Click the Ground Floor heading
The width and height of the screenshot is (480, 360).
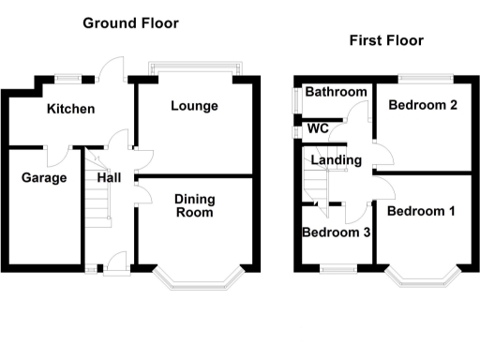[130, 22]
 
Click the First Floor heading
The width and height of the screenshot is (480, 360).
[385, 40]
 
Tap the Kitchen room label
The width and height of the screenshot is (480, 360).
[71, 109]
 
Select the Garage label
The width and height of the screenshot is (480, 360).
[44, 177]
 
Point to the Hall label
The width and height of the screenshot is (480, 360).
[109, 177]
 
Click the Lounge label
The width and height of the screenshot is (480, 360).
[194, 106]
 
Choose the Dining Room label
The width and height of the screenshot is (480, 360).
[194, 205]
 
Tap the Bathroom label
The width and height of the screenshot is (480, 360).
[335, 92]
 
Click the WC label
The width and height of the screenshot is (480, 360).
[317, 128]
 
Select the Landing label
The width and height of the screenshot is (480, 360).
[336, 160]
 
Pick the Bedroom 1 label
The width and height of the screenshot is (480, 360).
[421, 211]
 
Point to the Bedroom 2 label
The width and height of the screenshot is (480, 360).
[422, 105]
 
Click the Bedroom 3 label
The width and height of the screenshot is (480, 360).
[335, 232]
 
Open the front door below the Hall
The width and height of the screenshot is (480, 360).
[117, 263]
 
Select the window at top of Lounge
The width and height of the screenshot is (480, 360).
[194, 71]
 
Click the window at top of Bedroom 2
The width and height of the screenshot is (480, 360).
[423, 76]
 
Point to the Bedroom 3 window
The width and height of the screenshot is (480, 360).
[333, 271]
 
